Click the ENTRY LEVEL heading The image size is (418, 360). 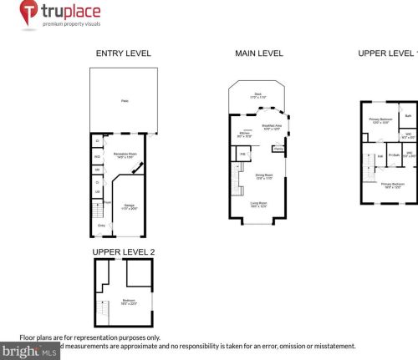123,53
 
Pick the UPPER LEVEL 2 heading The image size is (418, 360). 123,251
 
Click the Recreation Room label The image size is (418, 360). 127,156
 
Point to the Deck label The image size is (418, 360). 258,96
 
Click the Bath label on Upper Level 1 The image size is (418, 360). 408,114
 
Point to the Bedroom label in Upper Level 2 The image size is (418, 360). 129,301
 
